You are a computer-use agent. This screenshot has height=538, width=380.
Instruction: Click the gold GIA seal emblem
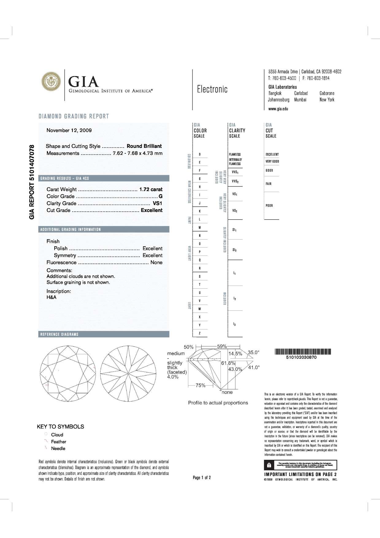tap(51, 82)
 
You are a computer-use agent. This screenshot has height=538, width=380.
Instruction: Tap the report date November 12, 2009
tap(69, 130)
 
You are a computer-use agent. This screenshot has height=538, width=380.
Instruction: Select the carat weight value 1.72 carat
tap(151, 189)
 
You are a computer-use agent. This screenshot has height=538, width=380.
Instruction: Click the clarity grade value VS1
tap(157, 203)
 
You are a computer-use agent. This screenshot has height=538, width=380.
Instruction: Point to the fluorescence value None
tap(156, 263)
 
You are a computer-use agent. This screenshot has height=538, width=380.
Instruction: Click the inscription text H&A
tap(52, 297)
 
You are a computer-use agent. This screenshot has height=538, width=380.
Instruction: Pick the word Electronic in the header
tap(212, 89)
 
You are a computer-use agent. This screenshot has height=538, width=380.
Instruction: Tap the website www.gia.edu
tap(278, 109)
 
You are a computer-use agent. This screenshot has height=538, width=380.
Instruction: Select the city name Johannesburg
tap(278, 100)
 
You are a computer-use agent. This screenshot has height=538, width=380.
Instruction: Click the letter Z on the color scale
tap(200, 333)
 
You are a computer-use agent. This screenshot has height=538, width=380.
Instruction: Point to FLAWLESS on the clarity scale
tap(235, 154)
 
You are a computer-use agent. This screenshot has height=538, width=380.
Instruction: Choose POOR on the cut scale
tap(269, 206)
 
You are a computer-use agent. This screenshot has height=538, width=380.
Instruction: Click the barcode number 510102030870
tap(301, 357)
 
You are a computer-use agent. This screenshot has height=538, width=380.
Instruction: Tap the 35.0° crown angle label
tap(254, 352)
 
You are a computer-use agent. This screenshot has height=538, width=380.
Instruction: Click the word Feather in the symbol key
tap(59, 442)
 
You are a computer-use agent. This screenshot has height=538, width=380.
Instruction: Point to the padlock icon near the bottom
tap(269, 465)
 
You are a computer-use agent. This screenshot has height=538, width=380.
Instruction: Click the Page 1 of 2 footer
tap(202, 478)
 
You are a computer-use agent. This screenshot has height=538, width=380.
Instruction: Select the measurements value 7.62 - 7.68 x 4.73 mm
tap(138, 153)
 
